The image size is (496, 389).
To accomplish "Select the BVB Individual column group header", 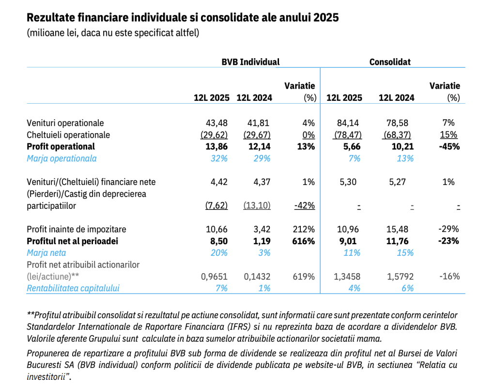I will click(250, 62).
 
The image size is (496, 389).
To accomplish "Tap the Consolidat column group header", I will click(389, 62).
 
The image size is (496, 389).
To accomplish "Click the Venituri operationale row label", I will click(65, 123).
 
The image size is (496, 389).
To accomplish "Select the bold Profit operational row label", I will click(61, 146).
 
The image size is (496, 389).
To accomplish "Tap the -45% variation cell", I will click(449, 146).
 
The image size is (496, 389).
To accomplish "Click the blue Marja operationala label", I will click(62, 158).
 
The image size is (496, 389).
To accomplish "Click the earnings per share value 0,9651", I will click(214, 277).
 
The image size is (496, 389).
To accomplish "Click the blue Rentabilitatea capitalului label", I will click(73, 288).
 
